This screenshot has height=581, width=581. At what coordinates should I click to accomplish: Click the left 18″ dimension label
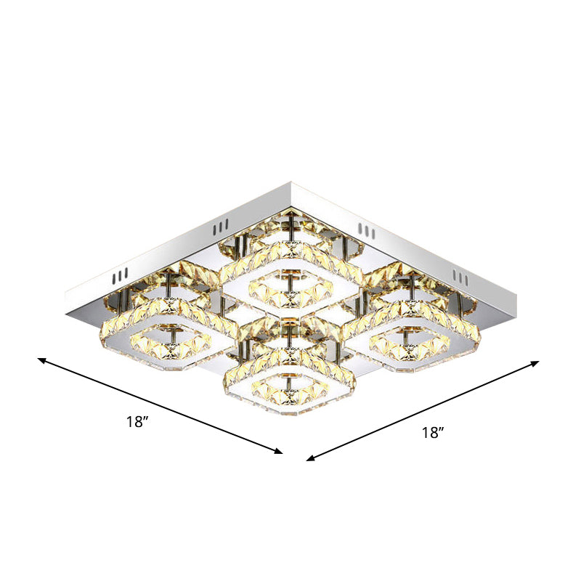137,422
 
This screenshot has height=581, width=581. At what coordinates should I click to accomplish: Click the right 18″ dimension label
433,433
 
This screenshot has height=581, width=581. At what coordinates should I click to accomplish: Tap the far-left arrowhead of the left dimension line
42,359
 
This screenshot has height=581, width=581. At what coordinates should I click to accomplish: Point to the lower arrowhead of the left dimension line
279,452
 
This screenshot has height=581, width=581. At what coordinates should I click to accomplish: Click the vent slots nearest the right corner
460,276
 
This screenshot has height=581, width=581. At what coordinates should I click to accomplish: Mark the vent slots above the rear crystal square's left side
219,230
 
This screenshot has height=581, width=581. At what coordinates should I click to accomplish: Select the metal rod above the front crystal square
290,336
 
